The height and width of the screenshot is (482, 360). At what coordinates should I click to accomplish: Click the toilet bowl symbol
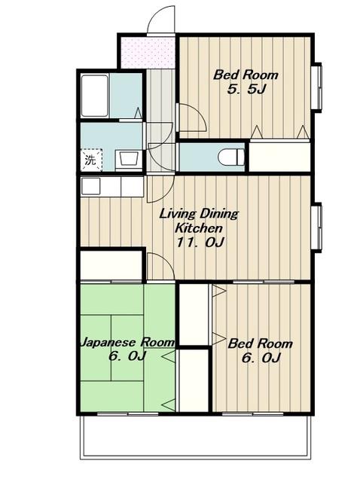(231, 157)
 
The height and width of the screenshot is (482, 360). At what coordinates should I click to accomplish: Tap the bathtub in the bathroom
(95, 96)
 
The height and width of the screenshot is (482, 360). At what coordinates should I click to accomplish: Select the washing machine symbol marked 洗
(91, 160)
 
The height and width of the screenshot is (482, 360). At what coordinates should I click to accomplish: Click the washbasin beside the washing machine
(129, 159)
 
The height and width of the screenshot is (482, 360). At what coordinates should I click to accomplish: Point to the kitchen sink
(90, 186)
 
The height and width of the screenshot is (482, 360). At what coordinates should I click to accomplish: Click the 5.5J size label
(246, 90)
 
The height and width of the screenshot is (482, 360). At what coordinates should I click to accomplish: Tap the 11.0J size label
(200, 243)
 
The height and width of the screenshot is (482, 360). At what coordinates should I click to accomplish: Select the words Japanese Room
(127, 342)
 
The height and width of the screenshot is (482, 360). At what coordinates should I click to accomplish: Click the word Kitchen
(199, 228)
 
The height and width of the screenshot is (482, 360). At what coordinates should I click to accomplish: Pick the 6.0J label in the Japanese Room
(127, 356)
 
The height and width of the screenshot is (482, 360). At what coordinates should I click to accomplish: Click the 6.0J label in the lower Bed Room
(261, 358)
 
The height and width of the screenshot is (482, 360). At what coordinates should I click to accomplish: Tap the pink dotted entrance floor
(148, 53)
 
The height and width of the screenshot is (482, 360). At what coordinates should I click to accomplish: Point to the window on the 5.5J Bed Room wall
(317, 87)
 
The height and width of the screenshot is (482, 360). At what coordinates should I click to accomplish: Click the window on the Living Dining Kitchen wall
(317, 227)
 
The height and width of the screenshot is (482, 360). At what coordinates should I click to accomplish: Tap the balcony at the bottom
(195, 437)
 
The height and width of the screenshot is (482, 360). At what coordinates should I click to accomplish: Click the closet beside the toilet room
(279, 156)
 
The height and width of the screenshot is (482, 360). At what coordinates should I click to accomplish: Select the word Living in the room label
(177, 214)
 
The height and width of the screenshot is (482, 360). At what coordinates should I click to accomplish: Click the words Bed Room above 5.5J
(246, 75)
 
